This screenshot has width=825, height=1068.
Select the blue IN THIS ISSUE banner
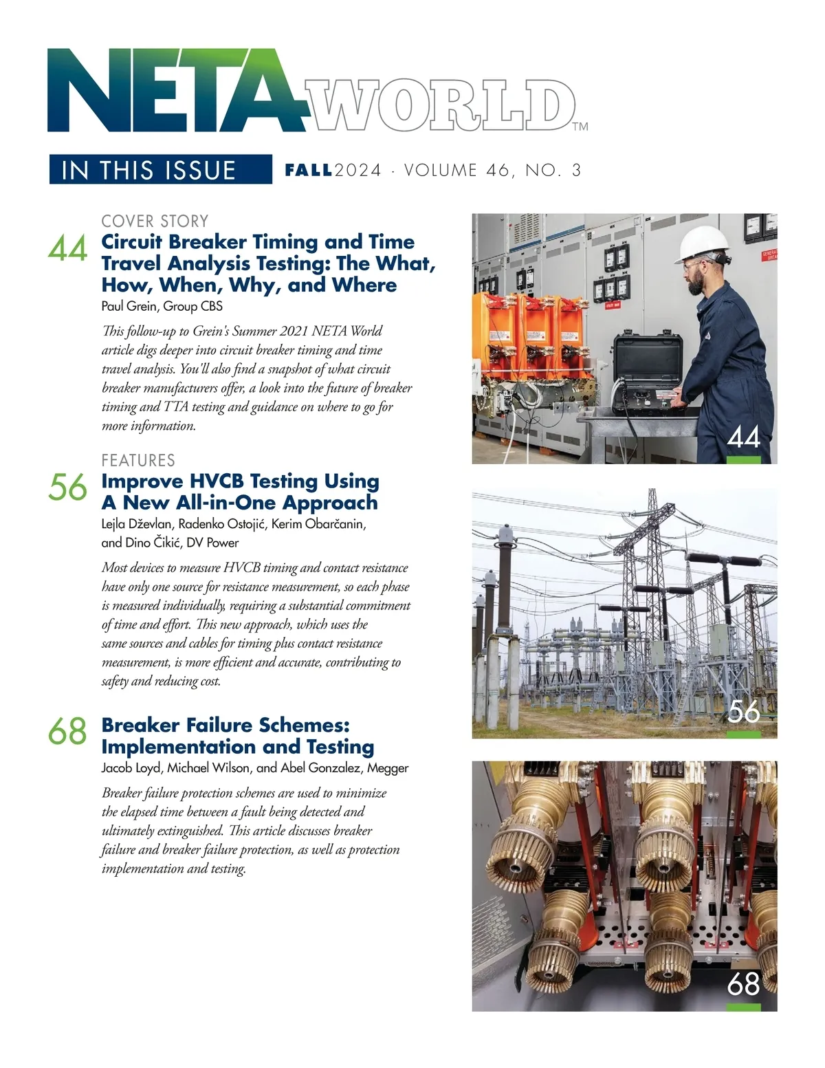click(x=160, y=170)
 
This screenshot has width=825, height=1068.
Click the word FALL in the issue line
click(x=309, y=170)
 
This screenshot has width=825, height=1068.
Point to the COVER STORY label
click(x=155, y=221)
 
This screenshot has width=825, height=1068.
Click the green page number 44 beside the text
click(x=67, y=249)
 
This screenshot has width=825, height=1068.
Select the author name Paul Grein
click(x=129, y=306)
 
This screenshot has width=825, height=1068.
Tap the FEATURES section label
click(x=138, y=460)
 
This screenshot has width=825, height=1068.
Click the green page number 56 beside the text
click(x=67, y=488)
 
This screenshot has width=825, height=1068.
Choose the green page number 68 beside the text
click(x=67, y=731)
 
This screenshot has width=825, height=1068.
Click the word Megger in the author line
click(x=388, y=767)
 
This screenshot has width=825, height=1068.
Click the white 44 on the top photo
click(x=743, y=437)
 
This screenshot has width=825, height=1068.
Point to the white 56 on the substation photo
click(x=743, y=711)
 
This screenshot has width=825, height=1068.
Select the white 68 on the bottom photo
click(x=743, y=984)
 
